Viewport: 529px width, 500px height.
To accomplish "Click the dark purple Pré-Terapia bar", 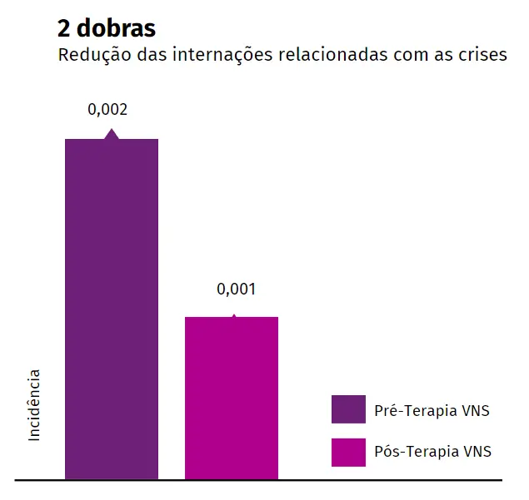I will [112, 308].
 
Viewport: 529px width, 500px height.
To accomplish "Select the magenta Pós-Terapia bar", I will [232, 398].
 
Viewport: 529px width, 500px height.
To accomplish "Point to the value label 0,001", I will [236, 290].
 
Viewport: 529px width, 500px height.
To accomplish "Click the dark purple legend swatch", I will [348, 408].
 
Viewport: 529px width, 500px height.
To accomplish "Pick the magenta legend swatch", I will [348, 452].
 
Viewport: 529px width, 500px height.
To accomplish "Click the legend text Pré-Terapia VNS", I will [432, 409].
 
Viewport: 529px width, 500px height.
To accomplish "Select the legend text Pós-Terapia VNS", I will [432, 452].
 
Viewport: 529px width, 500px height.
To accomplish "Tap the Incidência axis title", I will [34, 405].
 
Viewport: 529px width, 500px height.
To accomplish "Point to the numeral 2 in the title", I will [63, 28].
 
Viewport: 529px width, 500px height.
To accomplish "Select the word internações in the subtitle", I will [213, 56].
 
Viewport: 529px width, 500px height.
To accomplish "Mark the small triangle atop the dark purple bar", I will [111, 134].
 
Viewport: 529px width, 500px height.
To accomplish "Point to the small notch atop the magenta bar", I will [233, 316].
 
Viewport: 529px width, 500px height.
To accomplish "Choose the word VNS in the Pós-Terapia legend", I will [477, 452].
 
